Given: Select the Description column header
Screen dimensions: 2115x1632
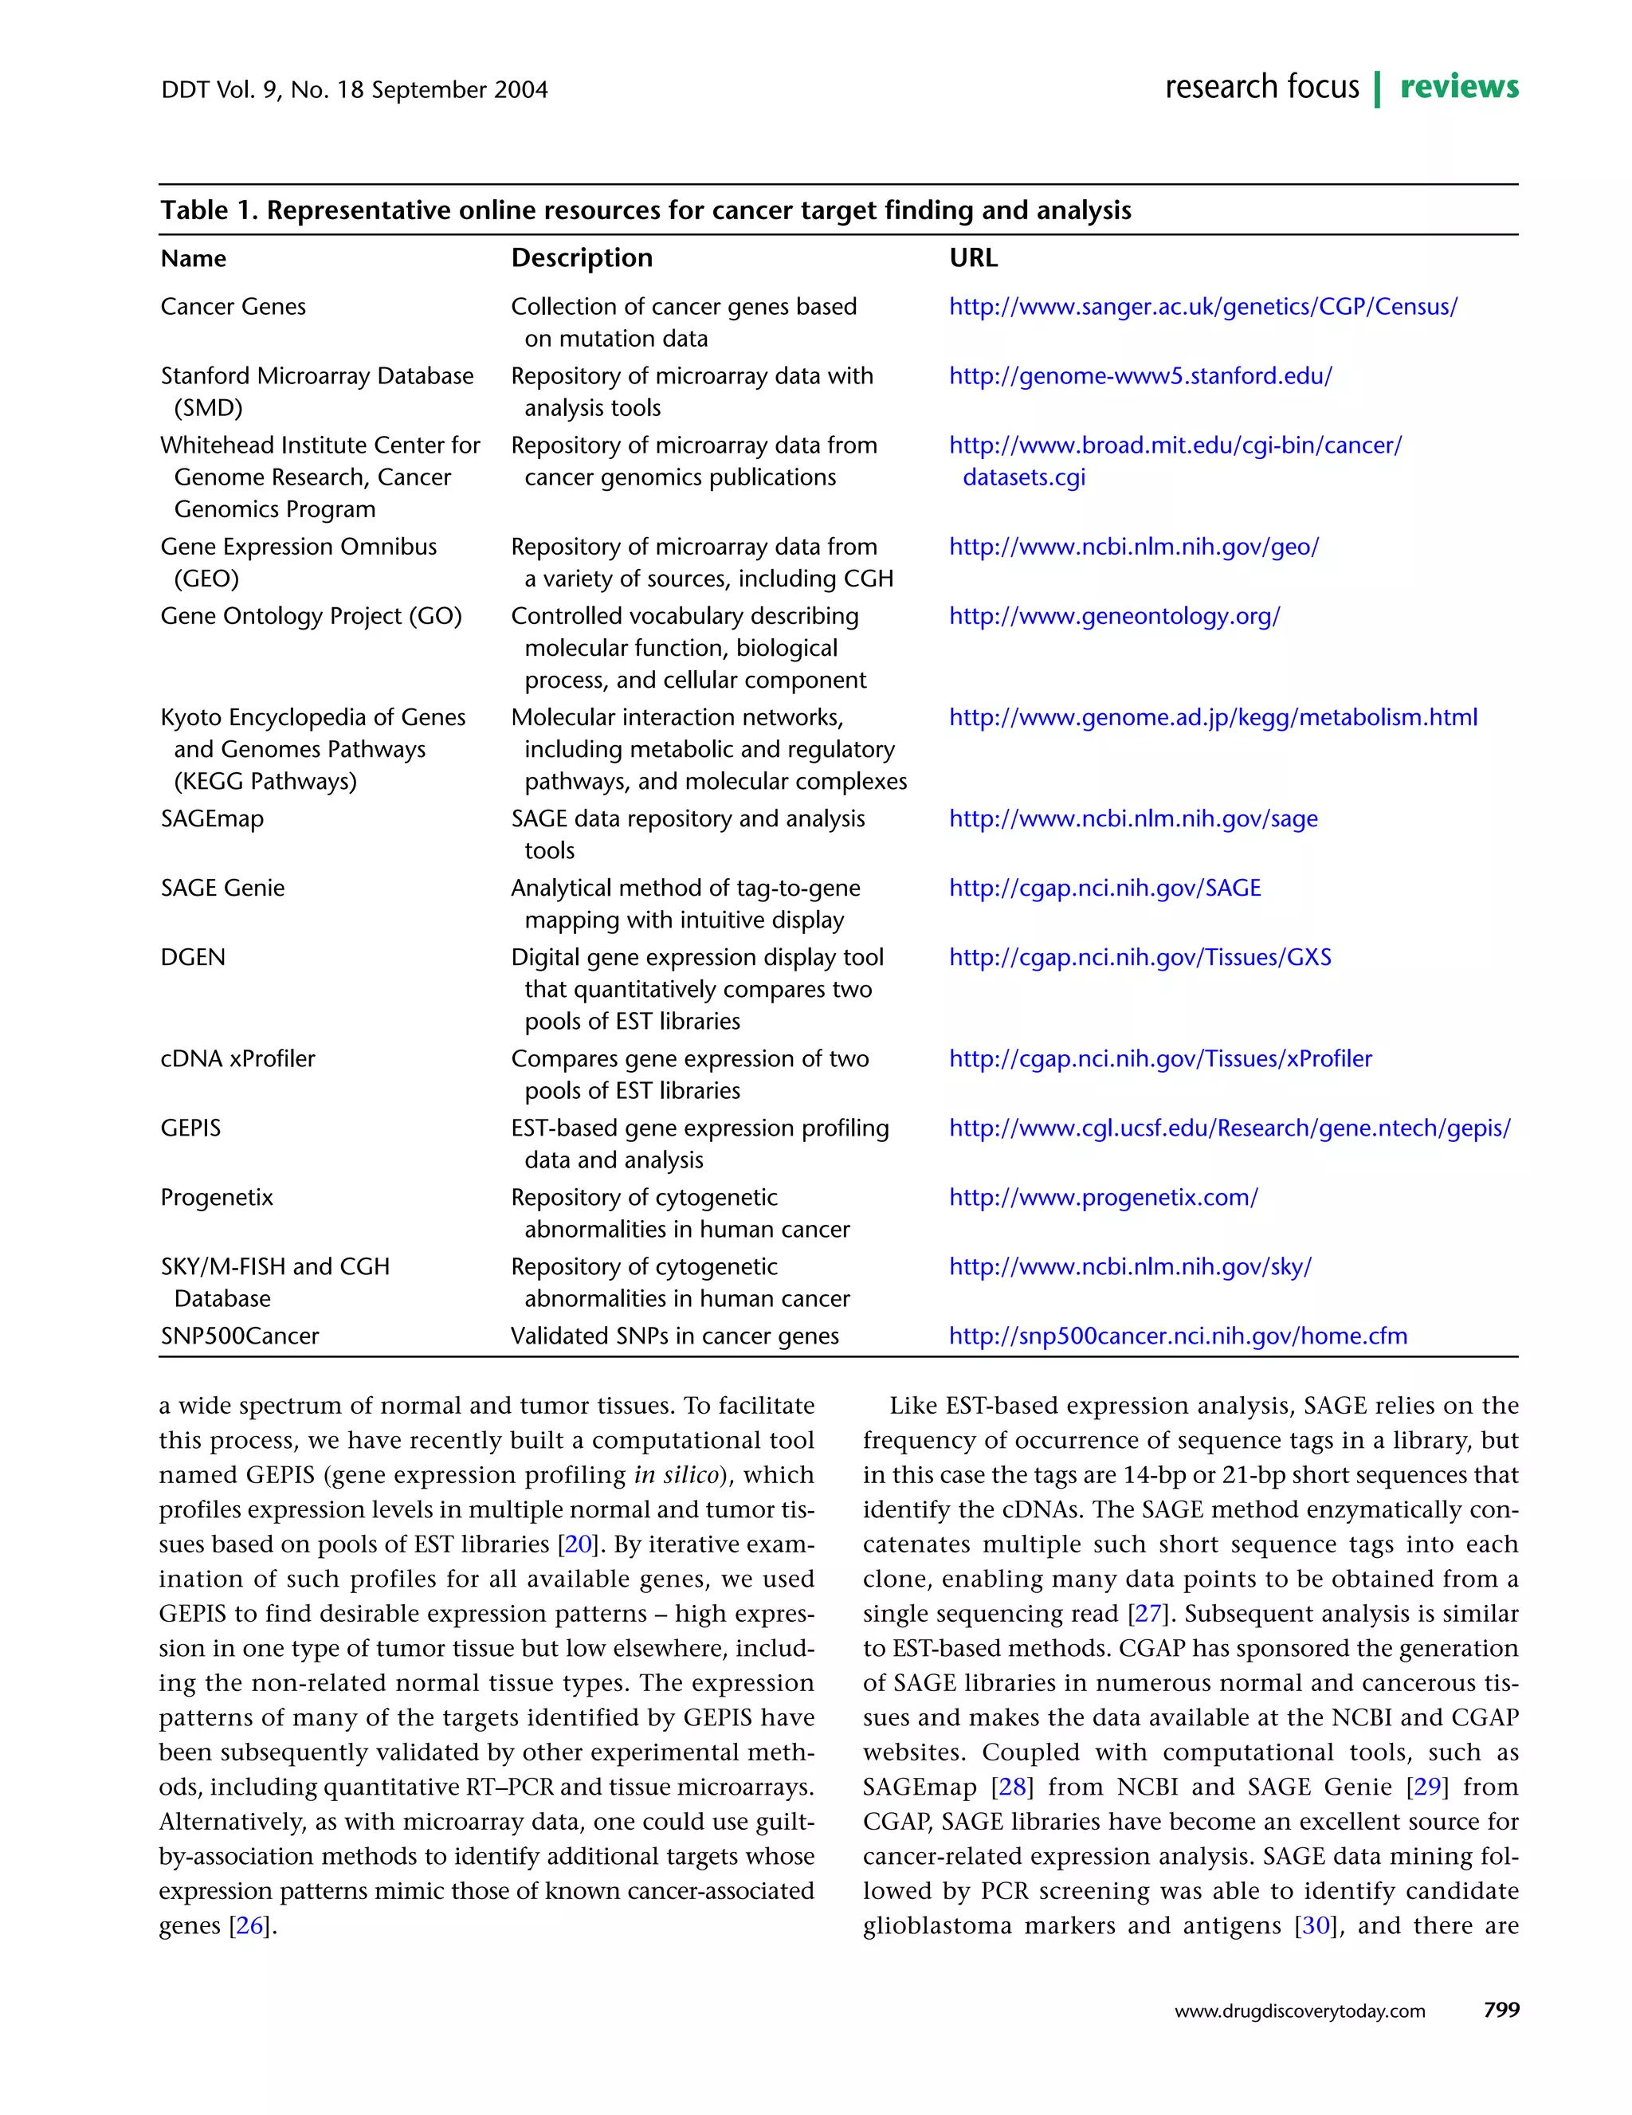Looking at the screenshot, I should point(581,257).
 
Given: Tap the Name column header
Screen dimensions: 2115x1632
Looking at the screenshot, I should point(193,258).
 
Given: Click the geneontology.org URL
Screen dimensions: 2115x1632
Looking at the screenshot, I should point(1114,616).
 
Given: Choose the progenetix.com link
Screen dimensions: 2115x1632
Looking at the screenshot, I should point(1102,1197).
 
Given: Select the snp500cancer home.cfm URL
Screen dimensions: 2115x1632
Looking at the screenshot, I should point(1177,1336).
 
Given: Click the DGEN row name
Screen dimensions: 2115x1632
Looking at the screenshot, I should point(193,957).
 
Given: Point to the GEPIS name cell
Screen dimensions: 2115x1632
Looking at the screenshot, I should point(190,1128).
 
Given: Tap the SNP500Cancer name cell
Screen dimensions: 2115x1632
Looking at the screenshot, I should point(239,1336).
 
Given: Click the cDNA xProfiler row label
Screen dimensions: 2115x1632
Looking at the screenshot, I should point(237,1058).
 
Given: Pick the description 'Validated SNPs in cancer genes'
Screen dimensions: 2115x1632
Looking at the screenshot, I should point(674,1336).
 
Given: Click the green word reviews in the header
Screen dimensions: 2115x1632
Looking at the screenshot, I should point(1458,87).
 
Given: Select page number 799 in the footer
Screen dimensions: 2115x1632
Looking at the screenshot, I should point(1501,2010).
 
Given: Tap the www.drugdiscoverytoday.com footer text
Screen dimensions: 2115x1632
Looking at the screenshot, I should point(1299,2011).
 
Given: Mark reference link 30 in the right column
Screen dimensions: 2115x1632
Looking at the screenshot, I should point(1316,1925).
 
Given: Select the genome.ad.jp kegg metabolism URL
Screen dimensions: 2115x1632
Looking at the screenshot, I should point(1213,717).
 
